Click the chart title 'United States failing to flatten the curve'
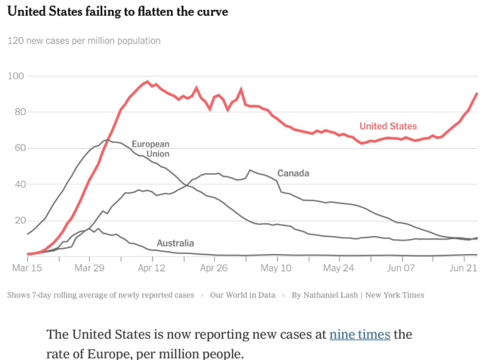(x=117, y=13)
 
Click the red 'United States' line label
(x=388, y=126)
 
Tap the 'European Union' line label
(x=150, y=149)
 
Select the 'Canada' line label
(x=293, y=173)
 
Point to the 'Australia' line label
(x=175, y=243)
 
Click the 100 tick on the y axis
(x=17, y=76)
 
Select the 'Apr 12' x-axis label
(x=152, y=267)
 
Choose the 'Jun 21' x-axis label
(x=464, y=267)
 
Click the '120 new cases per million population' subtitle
(x=84, y=40)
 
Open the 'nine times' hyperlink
(x=359, y=334)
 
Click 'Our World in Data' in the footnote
(x=243, y=295)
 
